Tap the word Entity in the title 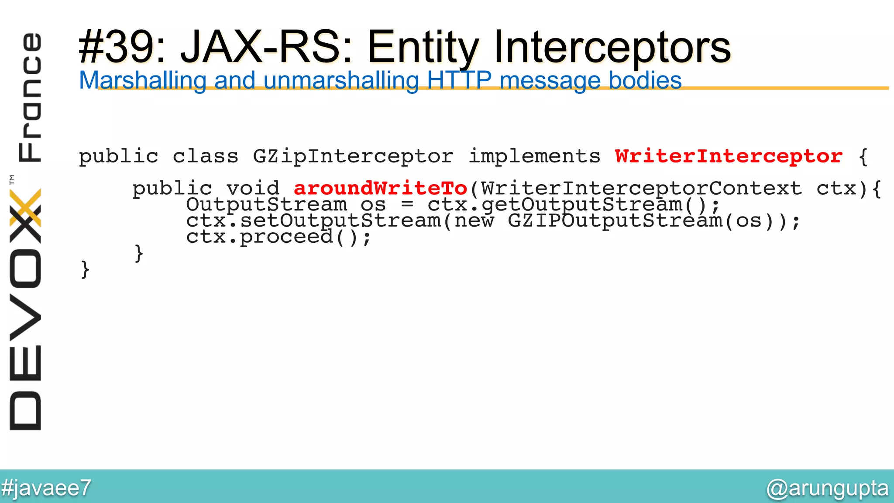pos(423,47)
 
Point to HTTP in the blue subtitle pos(459,81)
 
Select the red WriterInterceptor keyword pos(729,156)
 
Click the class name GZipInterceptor pos(353,156)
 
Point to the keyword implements pos(534,156)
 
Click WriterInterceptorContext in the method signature pos(642,189)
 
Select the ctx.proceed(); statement pos(279,237)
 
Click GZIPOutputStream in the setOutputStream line pos(615,221)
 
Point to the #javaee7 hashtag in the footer pos(46,488)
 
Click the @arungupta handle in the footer pos(827,488)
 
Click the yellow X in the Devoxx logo pos(26,207)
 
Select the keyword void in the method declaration pos(253,189)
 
